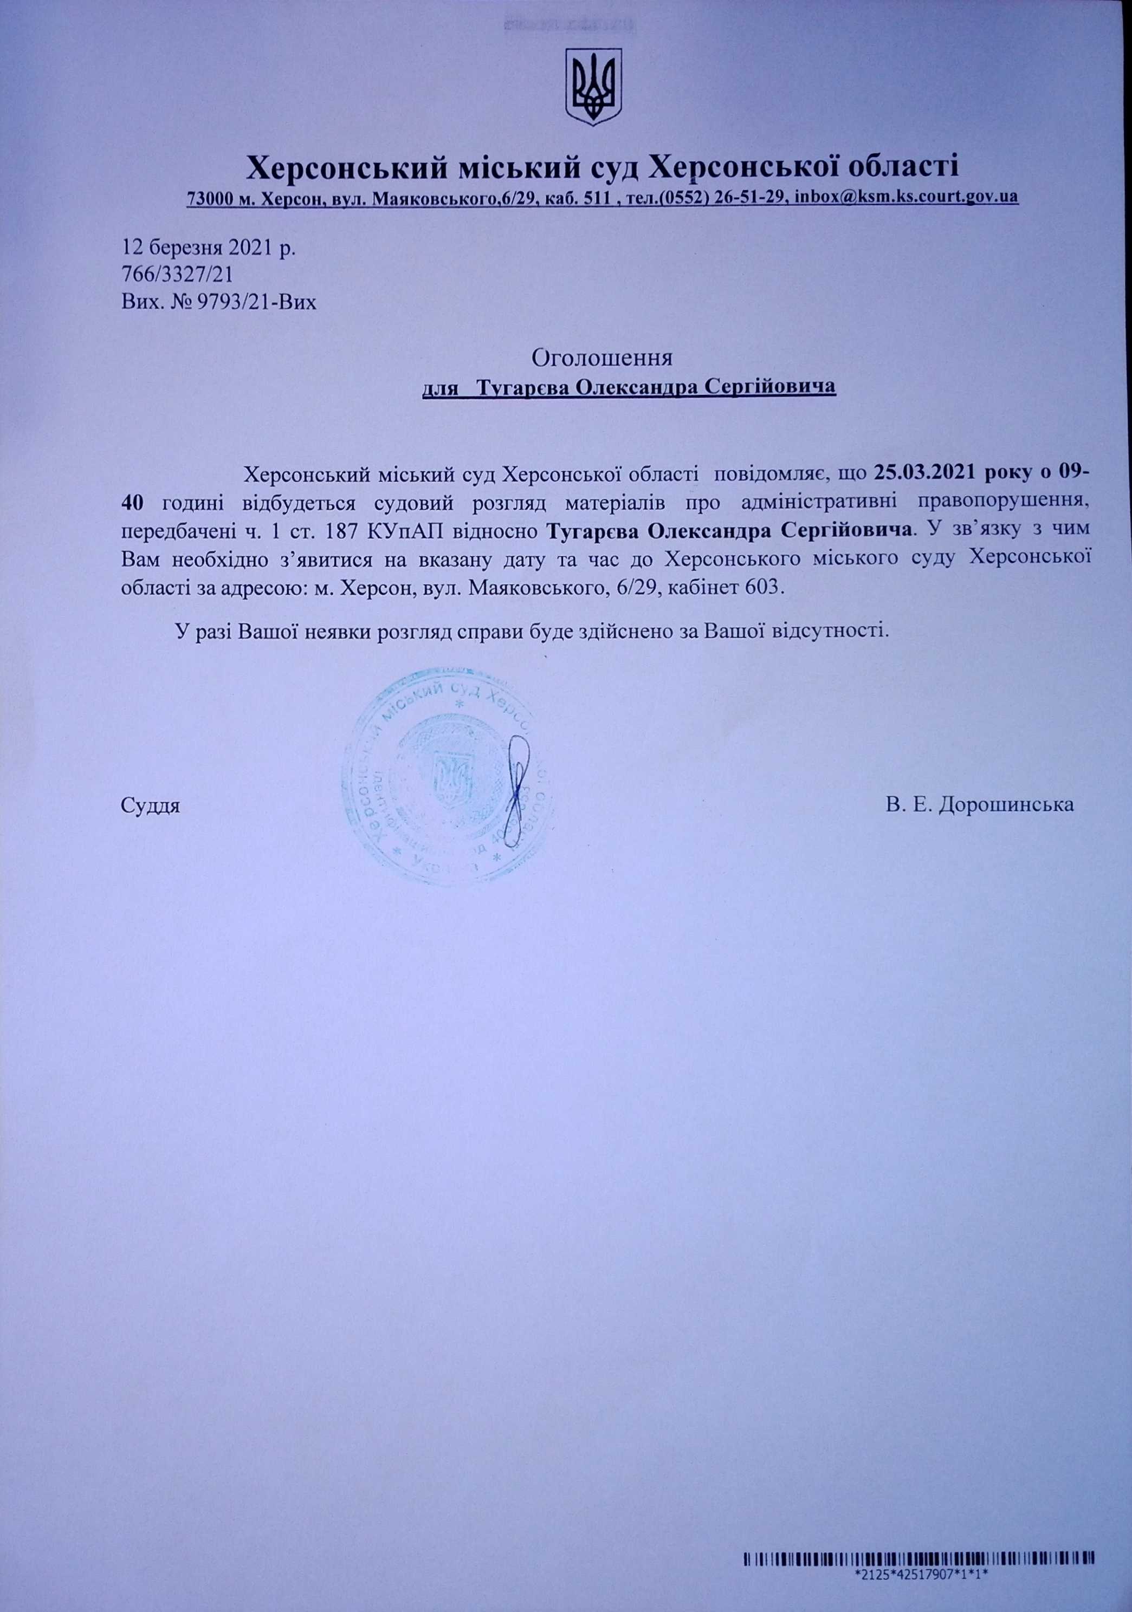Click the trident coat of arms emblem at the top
pyautogui.click(x=594, y=87)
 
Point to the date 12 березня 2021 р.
pyautogui.click(x=209, y=248)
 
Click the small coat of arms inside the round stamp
pyautogui.click(x=449, y=779)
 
